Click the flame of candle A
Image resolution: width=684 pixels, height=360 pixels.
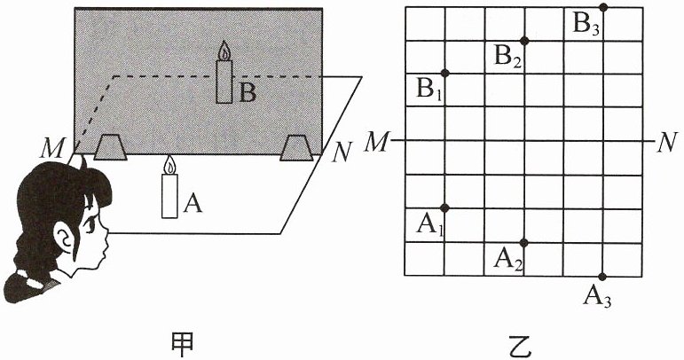[169, 164]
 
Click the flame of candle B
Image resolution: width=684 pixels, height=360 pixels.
[224, 51]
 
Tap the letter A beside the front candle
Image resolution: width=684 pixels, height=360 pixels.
[192, 205]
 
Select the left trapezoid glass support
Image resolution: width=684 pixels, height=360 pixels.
[110, 147]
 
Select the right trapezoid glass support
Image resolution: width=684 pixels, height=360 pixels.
[295, 147]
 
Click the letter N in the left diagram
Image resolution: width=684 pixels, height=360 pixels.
[338, 152]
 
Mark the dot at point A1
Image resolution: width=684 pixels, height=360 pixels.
[445, 208]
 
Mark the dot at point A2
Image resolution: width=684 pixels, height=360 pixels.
[524, 242]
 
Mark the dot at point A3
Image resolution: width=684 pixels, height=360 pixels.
[603, 276]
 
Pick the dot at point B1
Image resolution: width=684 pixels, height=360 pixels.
[445, 73]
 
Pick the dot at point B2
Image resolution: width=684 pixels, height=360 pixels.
[524, 40]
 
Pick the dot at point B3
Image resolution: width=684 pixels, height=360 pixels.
[603, 7]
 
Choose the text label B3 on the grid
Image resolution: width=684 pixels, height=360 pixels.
[586, 25]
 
